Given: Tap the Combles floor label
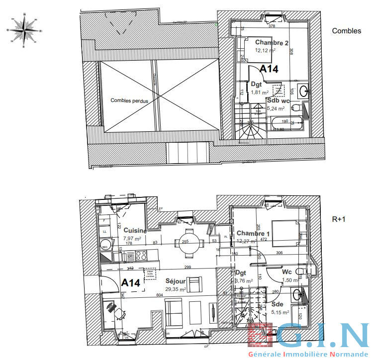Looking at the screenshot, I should tap(347, 31).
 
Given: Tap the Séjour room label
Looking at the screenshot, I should tap(175, 281).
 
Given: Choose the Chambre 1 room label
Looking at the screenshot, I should tap(253, 234).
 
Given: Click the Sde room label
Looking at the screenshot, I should tap(278, 303).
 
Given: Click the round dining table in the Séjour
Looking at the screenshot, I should tap(188, 243).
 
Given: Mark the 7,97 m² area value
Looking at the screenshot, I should tap(131, 238).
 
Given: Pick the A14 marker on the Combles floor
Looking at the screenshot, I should tap(269, 69).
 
